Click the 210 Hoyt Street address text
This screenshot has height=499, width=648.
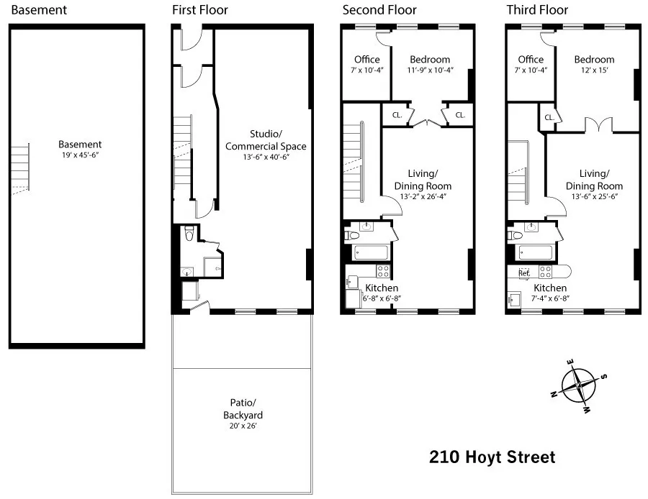[x=492, y=457]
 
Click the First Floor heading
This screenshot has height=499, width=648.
[x=199, y=10]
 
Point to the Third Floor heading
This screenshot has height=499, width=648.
[x=537, y=10]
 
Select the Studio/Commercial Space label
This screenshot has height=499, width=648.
[x=266, y=140]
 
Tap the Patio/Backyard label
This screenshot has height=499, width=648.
[x=242, y=410]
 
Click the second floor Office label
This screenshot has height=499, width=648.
[x=366, y=60]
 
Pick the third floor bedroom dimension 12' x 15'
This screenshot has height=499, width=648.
[x=594, y=70]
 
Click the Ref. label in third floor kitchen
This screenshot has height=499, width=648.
[x=523, y=273]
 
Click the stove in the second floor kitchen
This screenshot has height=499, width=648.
[x=383, y=272]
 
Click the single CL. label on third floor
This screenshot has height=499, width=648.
[x=549, y=117]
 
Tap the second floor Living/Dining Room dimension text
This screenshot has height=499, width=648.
[x=422, y=196]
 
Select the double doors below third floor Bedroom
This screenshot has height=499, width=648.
[x=595, y=124]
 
